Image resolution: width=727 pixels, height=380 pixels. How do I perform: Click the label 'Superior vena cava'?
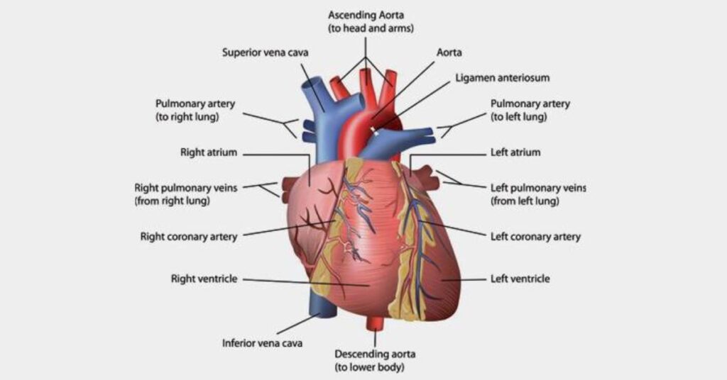[x=266, y=52]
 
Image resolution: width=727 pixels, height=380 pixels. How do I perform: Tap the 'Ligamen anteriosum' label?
[x=502, y=78]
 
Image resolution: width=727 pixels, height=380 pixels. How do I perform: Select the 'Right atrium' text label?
[x=209, y=152]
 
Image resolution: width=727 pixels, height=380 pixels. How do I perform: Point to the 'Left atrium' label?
[x=515, y=152]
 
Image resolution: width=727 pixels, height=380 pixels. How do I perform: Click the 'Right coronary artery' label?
[x=189, y=237]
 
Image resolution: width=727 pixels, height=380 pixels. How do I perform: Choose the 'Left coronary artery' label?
[x=535, y=237]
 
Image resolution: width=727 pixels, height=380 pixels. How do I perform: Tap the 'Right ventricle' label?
[x=204, y=279]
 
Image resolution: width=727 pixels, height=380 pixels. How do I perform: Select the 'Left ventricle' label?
[x=520, y=279]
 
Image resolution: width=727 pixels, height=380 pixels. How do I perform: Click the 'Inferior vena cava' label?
[x=262, y=343]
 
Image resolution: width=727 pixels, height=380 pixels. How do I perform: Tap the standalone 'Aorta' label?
[x=449, y=52]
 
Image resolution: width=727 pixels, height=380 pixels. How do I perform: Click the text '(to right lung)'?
[x=187, y=117]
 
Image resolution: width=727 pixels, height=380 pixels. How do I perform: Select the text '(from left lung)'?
[x=525, y=201]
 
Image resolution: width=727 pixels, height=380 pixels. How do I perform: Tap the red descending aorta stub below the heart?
[x=374, y=323]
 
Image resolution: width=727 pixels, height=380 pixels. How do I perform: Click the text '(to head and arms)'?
[x=371, y=28]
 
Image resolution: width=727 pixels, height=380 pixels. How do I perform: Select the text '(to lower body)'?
[x=369, y=367]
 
